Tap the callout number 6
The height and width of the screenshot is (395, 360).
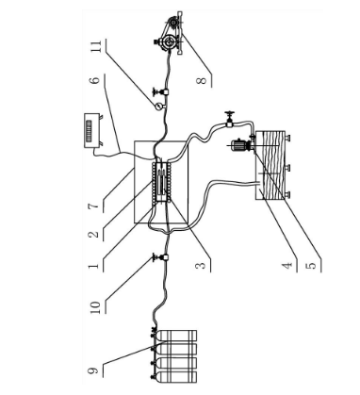click(x=96, y=78)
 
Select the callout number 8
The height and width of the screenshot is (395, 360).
click(x=202, y=81)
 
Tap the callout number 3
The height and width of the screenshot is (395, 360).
click(x=201, y=266)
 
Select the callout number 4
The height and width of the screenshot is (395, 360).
click(x=286, y=266)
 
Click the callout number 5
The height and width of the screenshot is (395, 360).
click(x=311, y=266)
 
